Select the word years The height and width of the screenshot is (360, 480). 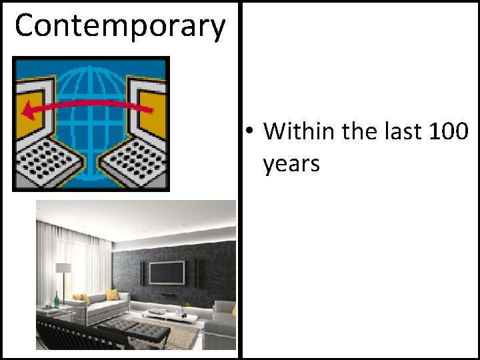291,163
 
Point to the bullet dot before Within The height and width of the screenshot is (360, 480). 247,131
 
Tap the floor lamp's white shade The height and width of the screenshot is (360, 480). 63,268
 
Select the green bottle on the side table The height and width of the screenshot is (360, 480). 56,299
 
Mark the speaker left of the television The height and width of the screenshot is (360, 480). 142,272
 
